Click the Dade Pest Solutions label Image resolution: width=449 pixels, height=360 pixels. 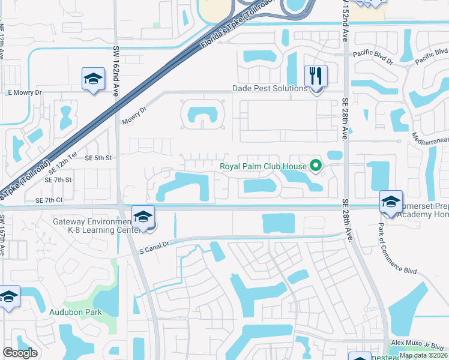point(270,88)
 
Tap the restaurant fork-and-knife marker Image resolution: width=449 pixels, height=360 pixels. point(316,76)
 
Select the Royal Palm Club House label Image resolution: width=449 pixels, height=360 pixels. point(264,166)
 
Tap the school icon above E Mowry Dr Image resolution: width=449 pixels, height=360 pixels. point(93,79)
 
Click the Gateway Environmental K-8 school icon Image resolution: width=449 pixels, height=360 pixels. point(143,217)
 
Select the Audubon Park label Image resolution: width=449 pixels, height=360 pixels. point(76,312)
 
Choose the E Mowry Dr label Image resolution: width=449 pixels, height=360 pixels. point(25,92)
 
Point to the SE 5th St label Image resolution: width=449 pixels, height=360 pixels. point(98,158)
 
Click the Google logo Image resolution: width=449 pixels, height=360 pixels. point(20,353)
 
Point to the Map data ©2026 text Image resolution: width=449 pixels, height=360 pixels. point(423,355)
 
